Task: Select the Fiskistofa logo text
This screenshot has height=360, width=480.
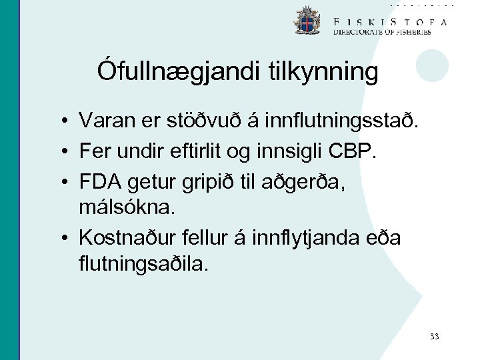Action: (390, 21)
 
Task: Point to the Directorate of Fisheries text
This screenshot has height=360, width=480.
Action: (382, 31)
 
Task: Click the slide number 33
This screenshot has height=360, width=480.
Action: (434, 337)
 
